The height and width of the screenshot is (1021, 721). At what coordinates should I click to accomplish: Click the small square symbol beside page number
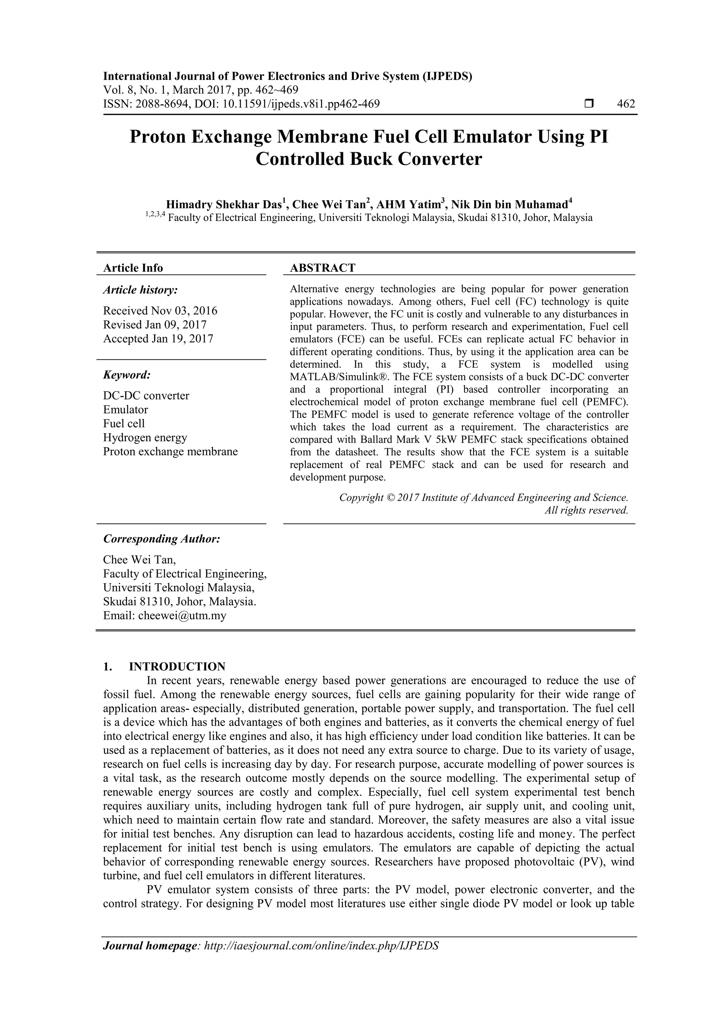coord(589,104)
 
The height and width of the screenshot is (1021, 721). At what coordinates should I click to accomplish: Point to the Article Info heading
coord(133,268)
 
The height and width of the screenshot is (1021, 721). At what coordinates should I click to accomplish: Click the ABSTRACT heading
coord(322,268)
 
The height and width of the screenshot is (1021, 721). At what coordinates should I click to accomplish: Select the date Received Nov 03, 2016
coord(160,310)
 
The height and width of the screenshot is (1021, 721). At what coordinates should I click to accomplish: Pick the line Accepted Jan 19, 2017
coord(158,339)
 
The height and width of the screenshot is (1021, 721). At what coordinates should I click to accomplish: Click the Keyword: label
coord(127,375)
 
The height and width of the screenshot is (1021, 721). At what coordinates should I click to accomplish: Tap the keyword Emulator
coord(125,410)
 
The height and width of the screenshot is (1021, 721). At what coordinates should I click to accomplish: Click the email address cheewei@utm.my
coord(182,616)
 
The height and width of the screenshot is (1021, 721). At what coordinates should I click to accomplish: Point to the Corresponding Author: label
coord(162,539)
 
